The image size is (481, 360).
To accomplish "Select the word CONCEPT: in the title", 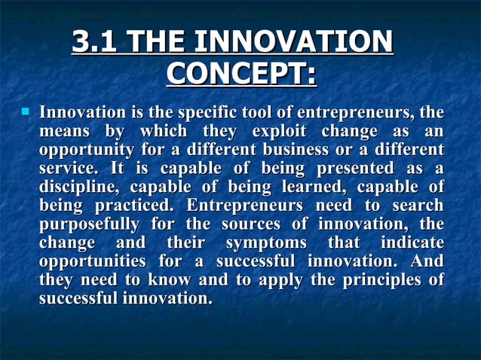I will tap(240, 73).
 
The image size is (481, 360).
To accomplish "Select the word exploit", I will tap(280, 133).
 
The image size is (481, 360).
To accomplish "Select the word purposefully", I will tap(89, 224).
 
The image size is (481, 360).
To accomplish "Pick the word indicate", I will tap(411, 243).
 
